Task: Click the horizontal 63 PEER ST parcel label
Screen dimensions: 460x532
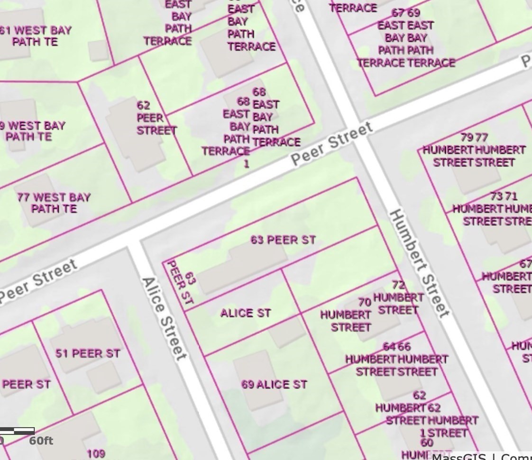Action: click(283, 240)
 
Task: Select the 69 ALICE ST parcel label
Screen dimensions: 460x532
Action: click(274, 385)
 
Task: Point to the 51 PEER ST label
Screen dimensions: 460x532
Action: click(88, 353)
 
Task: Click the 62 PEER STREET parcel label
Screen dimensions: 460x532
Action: click(156, 118)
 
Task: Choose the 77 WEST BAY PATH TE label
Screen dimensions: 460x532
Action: click(54, 203)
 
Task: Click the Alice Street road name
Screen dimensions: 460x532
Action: click(163, 319)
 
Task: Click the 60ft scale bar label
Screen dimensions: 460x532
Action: click(41, 441)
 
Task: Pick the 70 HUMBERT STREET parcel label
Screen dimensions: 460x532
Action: click(346, 315)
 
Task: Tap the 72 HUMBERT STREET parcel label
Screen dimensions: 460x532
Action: click(398, 298)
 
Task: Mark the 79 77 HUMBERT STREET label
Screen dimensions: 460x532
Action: click(474, 150)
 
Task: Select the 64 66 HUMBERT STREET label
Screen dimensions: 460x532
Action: click(396, 359)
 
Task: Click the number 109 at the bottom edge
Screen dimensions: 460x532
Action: click(96, 454)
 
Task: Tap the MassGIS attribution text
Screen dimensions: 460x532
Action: click(458, 456)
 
